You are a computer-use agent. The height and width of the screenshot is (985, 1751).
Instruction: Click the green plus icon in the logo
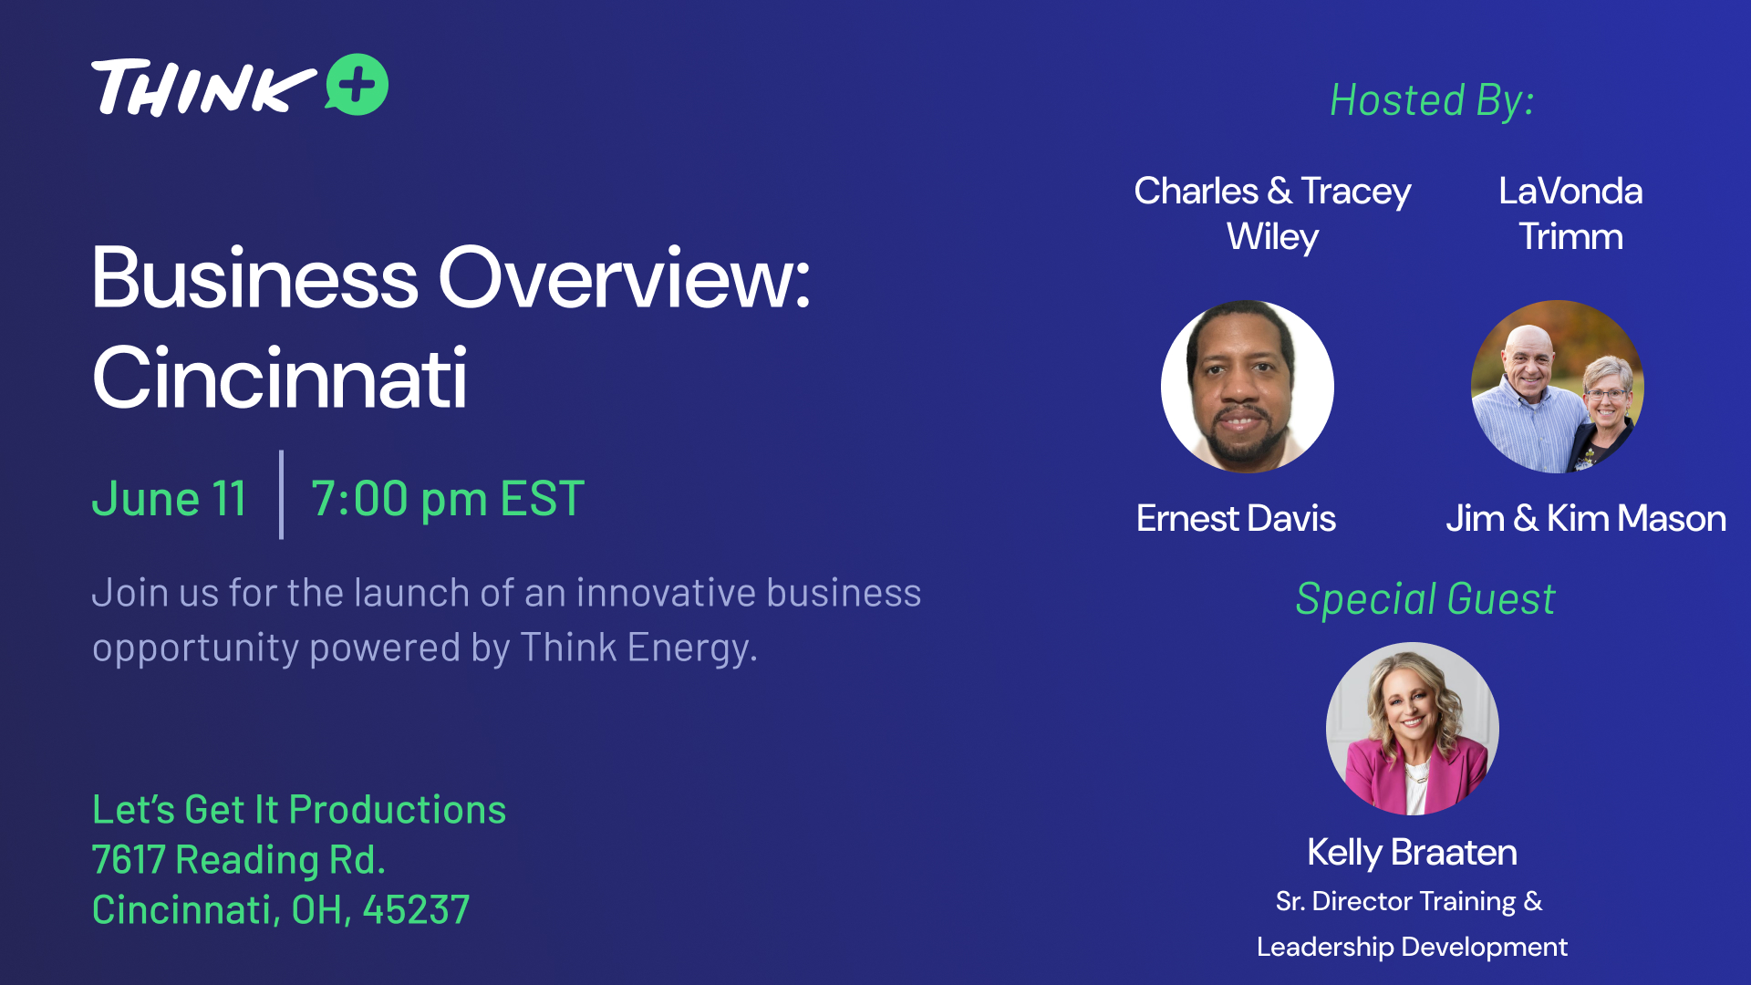(x=357, y=85)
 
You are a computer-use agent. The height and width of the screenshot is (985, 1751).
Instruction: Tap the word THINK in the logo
(x=203, y=88)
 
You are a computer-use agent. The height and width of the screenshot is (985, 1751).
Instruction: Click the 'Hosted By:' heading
(x=1432, y=100)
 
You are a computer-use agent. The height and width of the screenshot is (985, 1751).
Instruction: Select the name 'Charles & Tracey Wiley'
(x=1272, y=213)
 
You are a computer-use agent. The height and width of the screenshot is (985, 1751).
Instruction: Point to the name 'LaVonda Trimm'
(x=1570, y=213)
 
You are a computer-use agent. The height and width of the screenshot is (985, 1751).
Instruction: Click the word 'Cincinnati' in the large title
(x=280, y=378)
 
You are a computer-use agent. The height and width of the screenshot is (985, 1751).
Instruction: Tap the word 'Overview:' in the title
(x=625, y=277)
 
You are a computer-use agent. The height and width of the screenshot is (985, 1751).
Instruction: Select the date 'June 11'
(x=169, y=499)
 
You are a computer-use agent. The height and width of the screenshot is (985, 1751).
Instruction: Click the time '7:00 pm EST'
(x=448, y=499)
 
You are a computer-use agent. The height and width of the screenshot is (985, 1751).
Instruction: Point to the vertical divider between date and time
(x=281, y=494)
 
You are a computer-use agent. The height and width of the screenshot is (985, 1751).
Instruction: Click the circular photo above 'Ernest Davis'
(x=1247, y=387)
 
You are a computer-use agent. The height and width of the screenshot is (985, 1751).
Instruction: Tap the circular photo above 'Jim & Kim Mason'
(x=1558, y=387)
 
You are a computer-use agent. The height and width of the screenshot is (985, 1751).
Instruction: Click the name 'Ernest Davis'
(x=1236, y=518)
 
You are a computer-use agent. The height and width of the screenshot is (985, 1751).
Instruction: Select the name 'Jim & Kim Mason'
(x=1586, y=518)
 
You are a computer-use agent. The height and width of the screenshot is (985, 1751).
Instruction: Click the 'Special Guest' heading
(x=1425, y=599)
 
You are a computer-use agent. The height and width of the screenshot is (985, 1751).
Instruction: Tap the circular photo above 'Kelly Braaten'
(x=1412, y=729)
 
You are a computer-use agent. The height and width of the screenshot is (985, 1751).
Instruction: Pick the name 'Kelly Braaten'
(x=1412, y=853)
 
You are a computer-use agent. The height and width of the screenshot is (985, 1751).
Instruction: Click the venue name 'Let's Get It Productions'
(x=299, y=810)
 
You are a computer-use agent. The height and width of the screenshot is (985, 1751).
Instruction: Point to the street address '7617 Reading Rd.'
(x=239, y=860)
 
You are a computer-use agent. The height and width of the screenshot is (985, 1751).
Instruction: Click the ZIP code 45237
(x=416, y=910)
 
